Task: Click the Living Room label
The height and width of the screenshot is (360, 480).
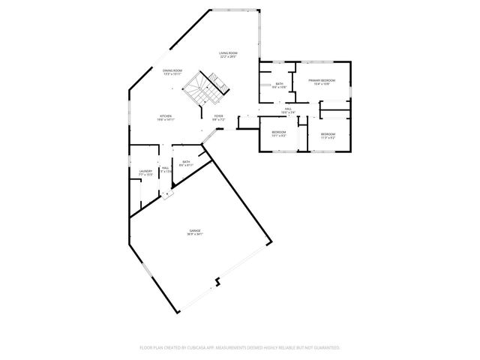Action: coord(229,52)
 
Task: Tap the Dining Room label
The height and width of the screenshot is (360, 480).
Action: coord(173,70)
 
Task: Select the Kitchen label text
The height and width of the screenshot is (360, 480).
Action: coord(165,116)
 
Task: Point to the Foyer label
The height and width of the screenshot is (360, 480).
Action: coord(218,116)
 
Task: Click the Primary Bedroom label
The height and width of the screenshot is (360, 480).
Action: coord(321,79)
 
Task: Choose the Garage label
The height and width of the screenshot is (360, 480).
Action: coord(195,230)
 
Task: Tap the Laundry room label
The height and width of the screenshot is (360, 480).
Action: coord(145,172)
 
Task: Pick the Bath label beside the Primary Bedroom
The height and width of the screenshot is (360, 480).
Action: coord(279,84)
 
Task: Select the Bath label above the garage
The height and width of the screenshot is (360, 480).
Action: coord(186,161)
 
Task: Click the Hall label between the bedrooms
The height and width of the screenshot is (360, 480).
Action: coord(287,109)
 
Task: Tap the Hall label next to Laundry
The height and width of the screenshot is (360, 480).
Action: coord(165,168)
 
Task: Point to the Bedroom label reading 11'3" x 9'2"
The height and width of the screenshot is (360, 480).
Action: coord(328,134)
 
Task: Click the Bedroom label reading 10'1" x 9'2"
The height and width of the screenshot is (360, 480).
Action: coord(279,133)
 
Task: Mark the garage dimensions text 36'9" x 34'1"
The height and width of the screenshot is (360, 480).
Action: coord(195,235)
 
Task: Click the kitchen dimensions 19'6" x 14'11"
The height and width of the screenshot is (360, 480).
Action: coord(165,120)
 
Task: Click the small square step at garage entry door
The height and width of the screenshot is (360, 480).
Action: coord(169,193)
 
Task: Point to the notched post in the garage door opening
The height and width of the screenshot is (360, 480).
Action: coord(217,282)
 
